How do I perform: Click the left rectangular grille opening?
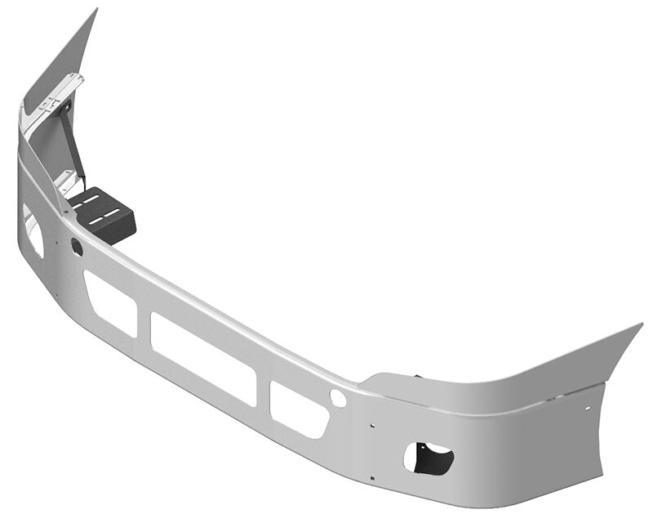pyautogui.click(x=110, y=302)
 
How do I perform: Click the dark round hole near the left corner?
pyautogui.click(x=77, y=247)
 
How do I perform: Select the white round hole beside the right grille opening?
pyautogui.click(x=337, y=398)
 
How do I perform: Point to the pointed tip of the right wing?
pyautogui.click(x=641, y=325)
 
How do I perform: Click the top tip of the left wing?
pyautogui.click(x=96, y=11)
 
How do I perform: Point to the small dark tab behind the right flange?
pyautogui.click(x=418, y=377)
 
